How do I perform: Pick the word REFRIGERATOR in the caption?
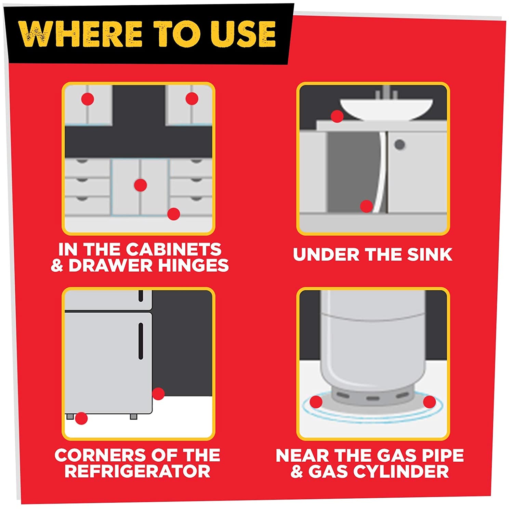[137, 471]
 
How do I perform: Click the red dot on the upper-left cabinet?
[88, 100]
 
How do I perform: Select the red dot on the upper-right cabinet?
[192, 98]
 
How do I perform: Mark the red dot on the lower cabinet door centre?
[140, 185]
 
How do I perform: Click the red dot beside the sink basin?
[337, 116]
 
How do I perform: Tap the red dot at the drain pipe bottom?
[366, 206]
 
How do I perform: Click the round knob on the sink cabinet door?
[399, 145]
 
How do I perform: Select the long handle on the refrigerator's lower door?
[141, 341]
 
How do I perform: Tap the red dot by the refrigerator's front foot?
[81, 418]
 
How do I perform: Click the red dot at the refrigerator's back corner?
[158, 394]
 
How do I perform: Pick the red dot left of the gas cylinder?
[316, 402]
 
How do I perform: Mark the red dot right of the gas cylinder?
[430, 402]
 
